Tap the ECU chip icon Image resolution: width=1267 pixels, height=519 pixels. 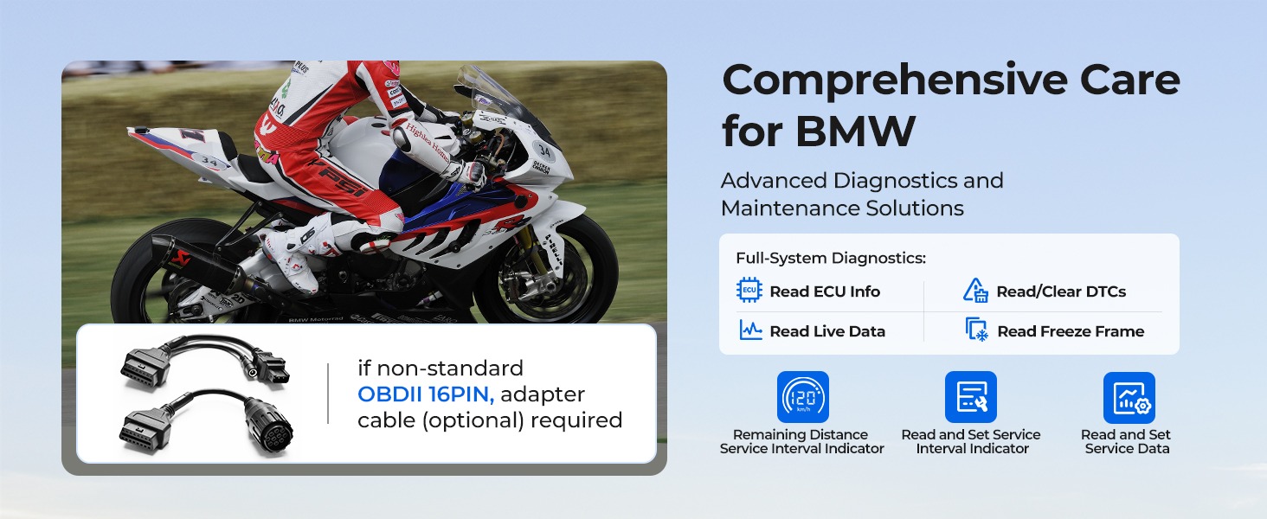749,290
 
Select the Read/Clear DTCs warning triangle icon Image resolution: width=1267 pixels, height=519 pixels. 975,290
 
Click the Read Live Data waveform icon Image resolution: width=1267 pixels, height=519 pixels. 750,330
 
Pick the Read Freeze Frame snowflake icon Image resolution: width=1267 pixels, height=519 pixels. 977,330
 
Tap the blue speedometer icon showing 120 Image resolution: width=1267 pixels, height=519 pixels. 802,397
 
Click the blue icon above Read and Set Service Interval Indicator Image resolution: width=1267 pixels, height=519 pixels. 971,397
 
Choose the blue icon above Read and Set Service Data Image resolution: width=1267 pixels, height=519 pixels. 1129,397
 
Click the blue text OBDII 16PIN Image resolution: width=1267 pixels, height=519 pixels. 425,394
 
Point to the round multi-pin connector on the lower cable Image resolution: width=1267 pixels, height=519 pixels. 269,423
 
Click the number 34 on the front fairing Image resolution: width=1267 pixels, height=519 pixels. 544,151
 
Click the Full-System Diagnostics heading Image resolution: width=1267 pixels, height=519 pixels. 831,259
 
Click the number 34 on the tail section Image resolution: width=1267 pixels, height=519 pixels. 209,163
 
